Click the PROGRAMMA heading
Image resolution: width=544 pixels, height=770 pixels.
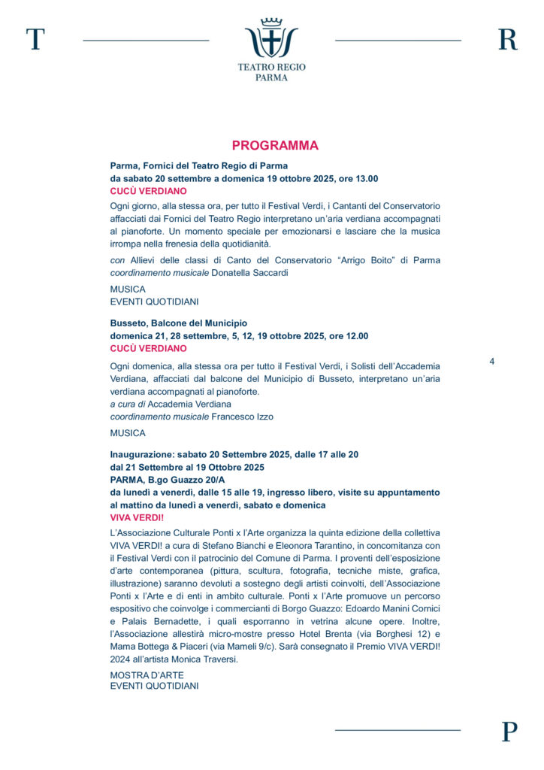(x=275, y=146)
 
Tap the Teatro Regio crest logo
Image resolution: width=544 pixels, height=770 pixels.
(x=271, y=38)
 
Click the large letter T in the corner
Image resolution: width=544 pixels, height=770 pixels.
(x=35, y=39)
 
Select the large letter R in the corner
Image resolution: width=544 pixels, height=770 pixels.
(x=508, y=39)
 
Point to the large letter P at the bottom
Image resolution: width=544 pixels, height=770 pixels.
(x=509, y=732)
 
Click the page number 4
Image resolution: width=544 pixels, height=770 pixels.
(x=492, y=362)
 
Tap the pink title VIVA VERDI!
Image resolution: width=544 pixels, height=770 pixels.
(x=137, y=518)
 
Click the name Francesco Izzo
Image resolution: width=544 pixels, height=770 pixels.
(x=243, y=417)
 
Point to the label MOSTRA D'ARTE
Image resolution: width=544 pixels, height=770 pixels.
(x=147, y=675)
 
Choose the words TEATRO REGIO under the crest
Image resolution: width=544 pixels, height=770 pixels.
(x=271, y=67)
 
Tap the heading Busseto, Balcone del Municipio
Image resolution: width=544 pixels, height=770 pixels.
(x=179, y=323)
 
